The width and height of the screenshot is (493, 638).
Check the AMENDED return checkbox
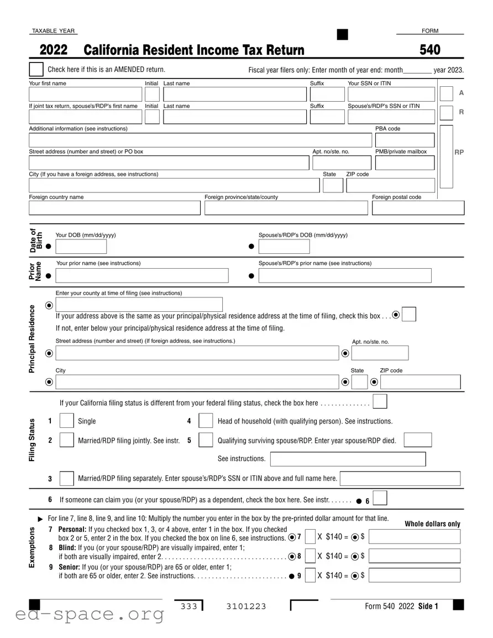(36, 70)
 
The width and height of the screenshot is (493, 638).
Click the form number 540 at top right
(430, 50)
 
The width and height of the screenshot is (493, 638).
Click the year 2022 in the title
(54, 50)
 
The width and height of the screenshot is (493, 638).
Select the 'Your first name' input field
(85, 95)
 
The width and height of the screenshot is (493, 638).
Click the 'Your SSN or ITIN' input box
(391, 95)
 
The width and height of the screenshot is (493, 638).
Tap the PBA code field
(405, 140)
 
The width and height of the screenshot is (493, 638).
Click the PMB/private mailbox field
(405, 163)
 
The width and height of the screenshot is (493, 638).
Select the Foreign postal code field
(418, 208)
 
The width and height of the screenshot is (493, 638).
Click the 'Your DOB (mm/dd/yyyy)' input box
(81, 247)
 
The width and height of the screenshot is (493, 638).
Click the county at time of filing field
(139, 305)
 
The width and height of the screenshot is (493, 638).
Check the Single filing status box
(66, 421)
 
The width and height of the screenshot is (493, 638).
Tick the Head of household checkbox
(206, 421)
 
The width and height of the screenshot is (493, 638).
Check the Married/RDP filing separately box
(66, 478)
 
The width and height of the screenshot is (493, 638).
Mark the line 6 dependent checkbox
(380, 499)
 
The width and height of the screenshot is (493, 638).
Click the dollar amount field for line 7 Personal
(414, 537)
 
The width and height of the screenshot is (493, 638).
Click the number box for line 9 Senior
(310, 576)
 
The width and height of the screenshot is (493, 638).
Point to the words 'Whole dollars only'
(432, 524)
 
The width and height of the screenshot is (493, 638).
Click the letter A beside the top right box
(461, 93)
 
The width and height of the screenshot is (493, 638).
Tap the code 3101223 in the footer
(246, 606)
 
